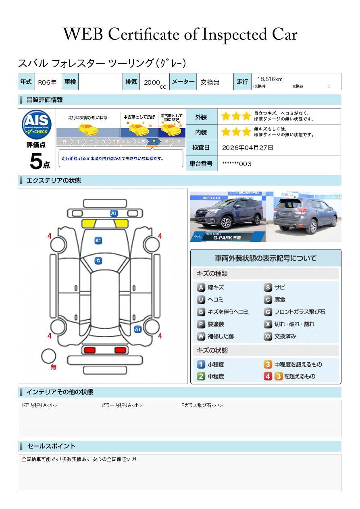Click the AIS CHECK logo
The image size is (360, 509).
(37, 124)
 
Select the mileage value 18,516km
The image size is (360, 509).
(270, 79)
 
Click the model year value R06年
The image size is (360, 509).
(47, 82)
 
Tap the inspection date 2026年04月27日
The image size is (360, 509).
(248, 148)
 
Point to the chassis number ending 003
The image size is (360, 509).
(237, 164)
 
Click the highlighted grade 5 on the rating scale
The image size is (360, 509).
(154, 142)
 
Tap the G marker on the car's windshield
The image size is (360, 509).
(98, 261)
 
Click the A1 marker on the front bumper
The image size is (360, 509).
(114, 213)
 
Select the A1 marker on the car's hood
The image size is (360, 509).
(98, 241)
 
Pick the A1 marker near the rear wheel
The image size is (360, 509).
(138, 329)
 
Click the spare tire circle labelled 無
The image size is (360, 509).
(48, 356)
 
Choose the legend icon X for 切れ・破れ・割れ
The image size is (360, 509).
(268, 324)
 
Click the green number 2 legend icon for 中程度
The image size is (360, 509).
(201, 376)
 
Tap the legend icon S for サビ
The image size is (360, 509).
(268, 287)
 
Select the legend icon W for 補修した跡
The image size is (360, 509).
(201, 336)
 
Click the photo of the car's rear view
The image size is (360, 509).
(304, 216)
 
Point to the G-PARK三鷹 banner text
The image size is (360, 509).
(227, 238)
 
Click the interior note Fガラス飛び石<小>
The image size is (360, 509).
(202, 405)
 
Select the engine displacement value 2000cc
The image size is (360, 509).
(155, 83)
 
